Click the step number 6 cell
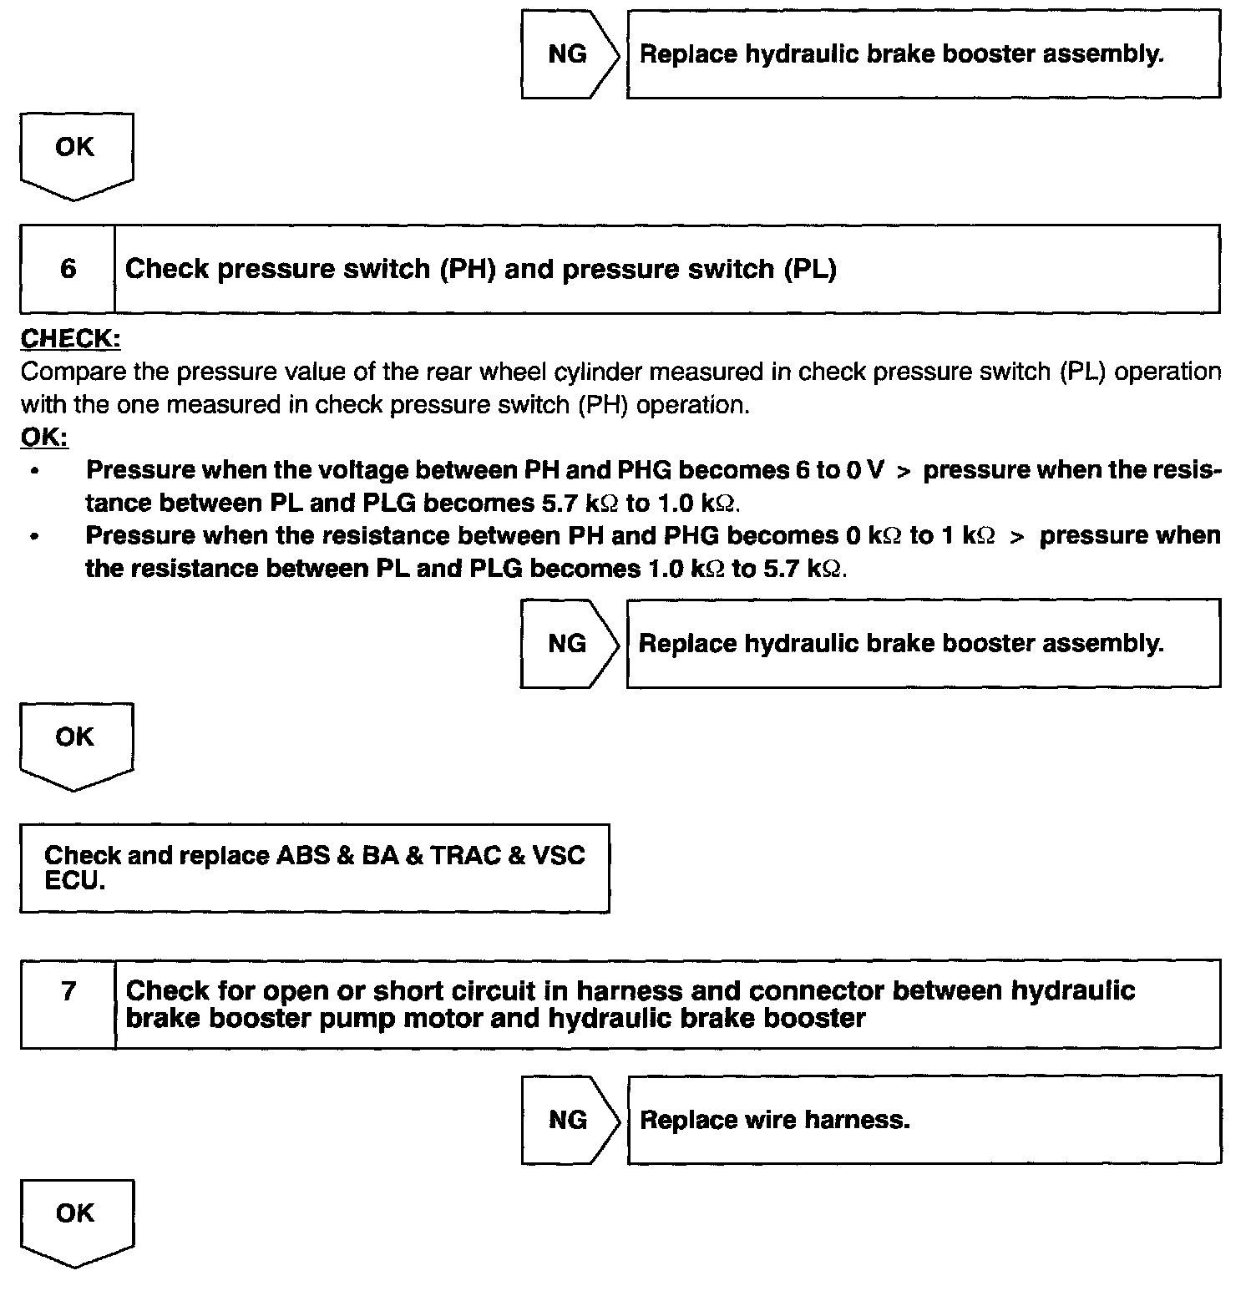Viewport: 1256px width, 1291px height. pyautogui.click(x=68, y=269)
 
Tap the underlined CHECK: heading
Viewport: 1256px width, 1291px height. pyautogui.click(x=71, y=338)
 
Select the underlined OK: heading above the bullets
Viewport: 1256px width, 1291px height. pyautogui.click(x=44, y=437)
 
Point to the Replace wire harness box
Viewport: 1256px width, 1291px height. pyautogui.click(x=924, y=1120)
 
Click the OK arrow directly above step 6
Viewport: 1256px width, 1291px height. pyautogui.click(x=75, y=155)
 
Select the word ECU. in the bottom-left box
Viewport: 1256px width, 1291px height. pyautogui.click(x=74, y=881)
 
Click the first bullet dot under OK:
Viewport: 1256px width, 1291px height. pyautogui.click(x=34, y=471)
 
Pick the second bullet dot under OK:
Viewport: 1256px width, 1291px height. pyautogui.click(x=34, y=537)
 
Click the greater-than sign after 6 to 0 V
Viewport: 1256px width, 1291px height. pyautogui.click(x=903, y=471)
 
